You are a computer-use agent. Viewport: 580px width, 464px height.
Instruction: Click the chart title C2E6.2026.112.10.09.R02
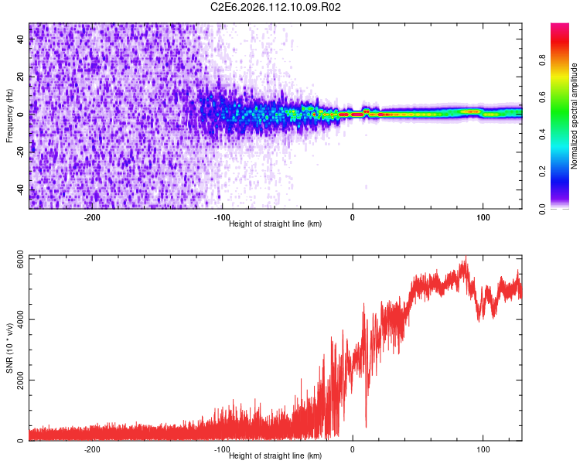click(276, 7)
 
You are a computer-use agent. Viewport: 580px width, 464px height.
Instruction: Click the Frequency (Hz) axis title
click(9, 116)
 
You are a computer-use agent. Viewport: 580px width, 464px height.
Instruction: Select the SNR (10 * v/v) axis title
click(9, 348)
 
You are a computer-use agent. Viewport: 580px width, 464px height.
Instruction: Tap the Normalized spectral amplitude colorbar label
click(574, 117)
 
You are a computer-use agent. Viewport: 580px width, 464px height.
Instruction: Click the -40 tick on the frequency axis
click(21, 190)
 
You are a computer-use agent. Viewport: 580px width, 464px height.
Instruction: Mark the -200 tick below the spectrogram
click(92, 217)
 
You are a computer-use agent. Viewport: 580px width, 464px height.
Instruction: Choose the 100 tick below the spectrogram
click(483, 217)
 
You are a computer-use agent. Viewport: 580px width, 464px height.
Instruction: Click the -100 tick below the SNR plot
click(222, 449)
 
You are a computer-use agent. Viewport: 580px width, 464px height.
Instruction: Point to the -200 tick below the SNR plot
click(92, 449)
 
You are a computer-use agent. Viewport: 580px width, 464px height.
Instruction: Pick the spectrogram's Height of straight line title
click(275, 224)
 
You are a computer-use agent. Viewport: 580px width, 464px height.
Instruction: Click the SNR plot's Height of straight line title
click(275, 456)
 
